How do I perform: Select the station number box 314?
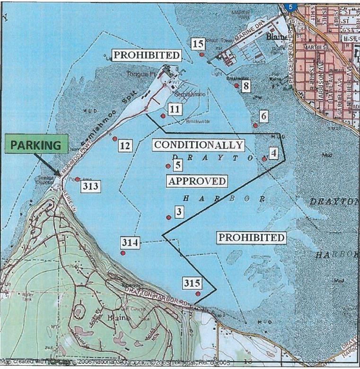[130, 243]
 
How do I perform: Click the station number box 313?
[90, 186]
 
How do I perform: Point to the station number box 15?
[198, 44]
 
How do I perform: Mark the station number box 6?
[263, 116]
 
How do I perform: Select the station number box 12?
[125, 146]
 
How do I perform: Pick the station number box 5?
[177, 165]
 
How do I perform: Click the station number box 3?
[179, 211]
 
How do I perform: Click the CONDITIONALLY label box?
[198, 145]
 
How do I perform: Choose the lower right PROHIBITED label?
[251, 237]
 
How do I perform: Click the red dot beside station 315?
[198, 294]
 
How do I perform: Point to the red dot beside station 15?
[202, 54]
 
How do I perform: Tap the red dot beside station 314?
[123, 253]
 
